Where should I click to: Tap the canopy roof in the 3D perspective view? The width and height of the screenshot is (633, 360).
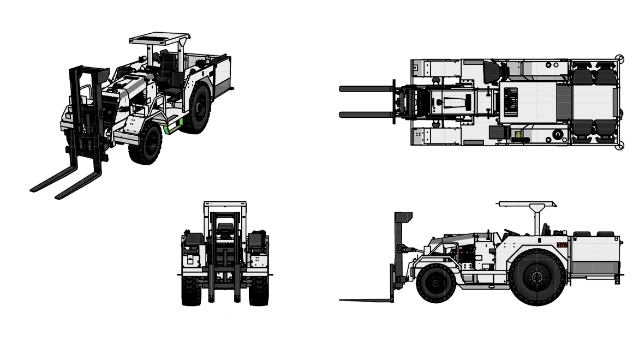[159, 40]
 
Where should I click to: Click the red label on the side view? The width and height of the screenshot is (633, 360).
[562, 245]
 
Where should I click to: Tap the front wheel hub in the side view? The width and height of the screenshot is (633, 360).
[435, 283]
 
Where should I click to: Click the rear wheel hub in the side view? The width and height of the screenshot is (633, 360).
[537, 276]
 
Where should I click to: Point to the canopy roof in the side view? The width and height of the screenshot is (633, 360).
[527, 205]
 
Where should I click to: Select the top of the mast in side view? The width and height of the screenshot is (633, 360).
[403, 217]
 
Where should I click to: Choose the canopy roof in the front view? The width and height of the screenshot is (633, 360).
[225, 204]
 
